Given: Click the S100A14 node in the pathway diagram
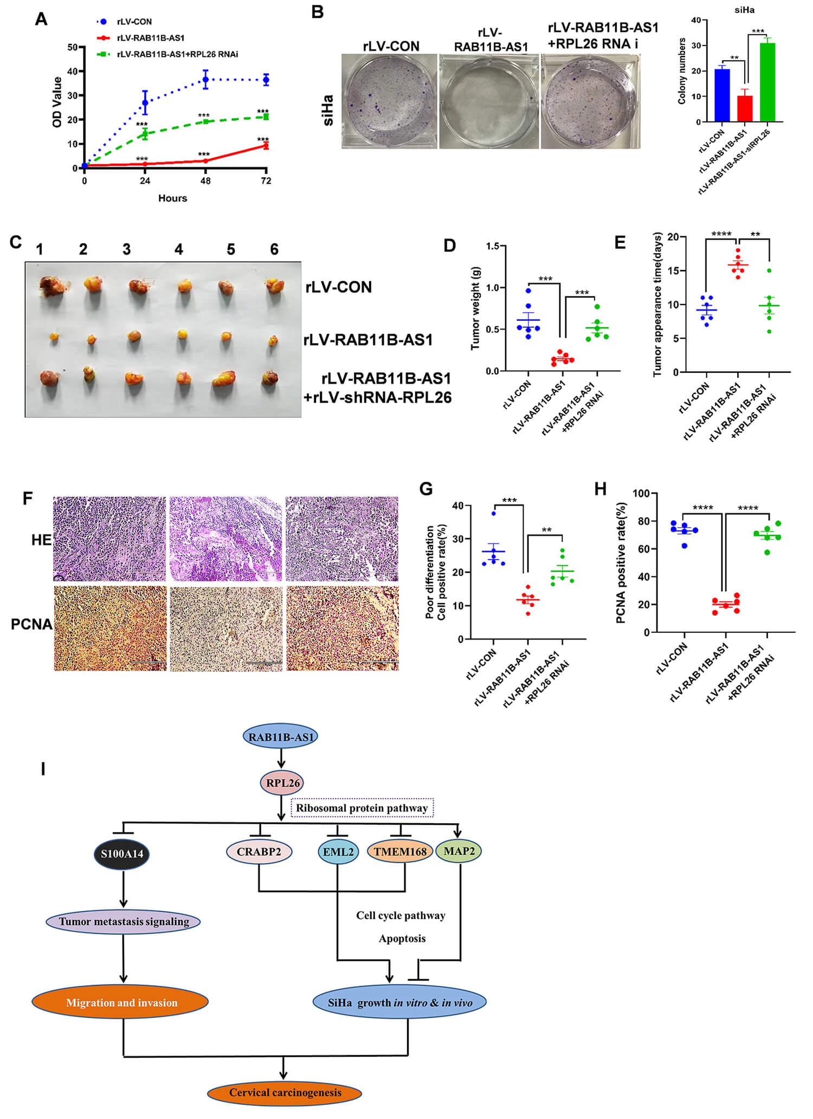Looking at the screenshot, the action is [x=122, y=853].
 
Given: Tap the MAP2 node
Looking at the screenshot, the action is [x=459, y=851].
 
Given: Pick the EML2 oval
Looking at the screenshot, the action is [x=338, y=852].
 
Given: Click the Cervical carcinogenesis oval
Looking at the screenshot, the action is [x=285, y=1092].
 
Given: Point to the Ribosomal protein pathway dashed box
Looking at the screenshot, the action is [x=362, y=808].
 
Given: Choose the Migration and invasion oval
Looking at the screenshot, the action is [x=121, y=1002].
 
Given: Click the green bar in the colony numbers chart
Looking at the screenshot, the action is [x=767, y=82].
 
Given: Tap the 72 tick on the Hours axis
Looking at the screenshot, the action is [x=266, y=181].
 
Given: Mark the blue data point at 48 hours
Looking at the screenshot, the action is [x=205, y=80].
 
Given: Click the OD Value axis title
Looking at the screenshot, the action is [x=57, y=102].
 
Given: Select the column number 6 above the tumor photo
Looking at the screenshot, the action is [x=274, y=249].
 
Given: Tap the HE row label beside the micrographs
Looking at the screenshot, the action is [x=41, y=540].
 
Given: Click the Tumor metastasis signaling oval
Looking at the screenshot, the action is [x=124, y=921].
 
